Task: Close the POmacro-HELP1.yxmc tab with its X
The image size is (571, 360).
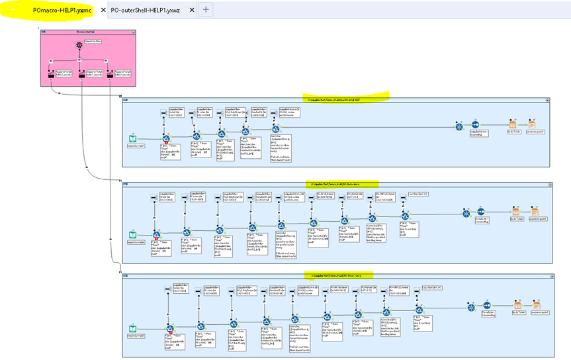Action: tap(103, 11)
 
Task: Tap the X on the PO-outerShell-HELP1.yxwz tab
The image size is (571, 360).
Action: tap(192, 11)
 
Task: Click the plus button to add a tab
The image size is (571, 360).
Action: tap(206, 10)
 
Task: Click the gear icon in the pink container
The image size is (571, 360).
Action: tap(79, 46)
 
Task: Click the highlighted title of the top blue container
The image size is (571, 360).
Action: tap(333, 99)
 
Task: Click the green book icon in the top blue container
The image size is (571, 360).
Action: tap(132, 139)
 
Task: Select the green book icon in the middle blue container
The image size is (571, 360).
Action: tap(132, 235)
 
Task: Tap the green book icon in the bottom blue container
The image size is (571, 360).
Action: tap(132, 328)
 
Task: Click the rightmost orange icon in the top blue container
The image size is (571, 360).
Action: tap(532, 125)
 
